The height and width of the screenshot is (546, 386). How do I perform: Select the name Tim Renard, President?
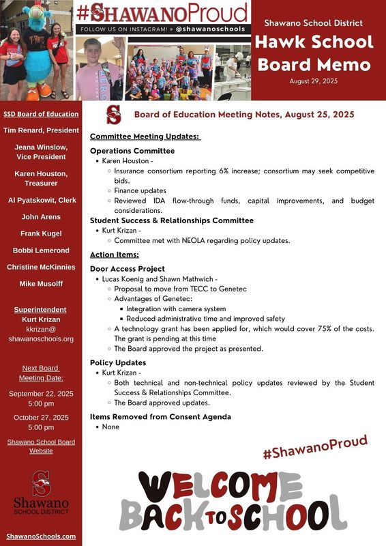(x=40, y=130)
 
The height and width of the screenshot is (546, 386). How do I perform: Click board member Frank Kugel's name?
(x=40, y=233)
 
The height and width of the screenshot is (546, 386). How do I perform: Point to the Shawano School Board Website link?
(x=40, y=446)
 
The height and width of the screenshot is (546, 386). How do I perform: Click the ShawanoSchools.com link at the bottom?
(x=40, y=536)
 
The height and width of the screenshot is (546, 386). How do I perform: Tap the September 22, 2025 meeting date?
(x=40, y=394)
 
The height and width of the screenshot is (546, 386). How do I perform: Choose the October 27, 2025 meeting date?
(x=40, y=417)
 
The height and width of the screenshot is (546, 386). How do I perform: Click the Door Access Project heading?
(x=128, y=269)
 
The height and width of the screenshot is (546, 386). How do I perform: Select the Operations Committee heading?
(x=132, y=151)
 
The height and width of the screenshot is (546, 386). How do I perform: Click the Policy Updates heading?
(x=118, y=363)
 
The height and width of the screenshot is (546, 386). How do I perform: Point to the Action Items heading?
(x=115, y=255)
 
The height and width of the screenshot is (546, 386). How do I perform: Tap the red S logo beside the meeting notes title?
(x=113, y=115)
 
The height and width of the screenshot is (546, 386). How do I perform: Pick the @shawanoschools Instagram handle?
(x=212, y=30)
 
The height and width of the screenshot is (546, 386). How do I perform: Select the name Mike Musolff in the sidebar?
(x=40, y=283)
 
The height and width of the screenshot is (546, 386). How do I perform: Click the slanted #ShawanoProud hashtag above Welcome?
(x=315, y=447)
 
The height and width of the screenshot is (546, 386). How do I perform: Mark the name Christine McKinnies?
(x=40, y=267)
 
